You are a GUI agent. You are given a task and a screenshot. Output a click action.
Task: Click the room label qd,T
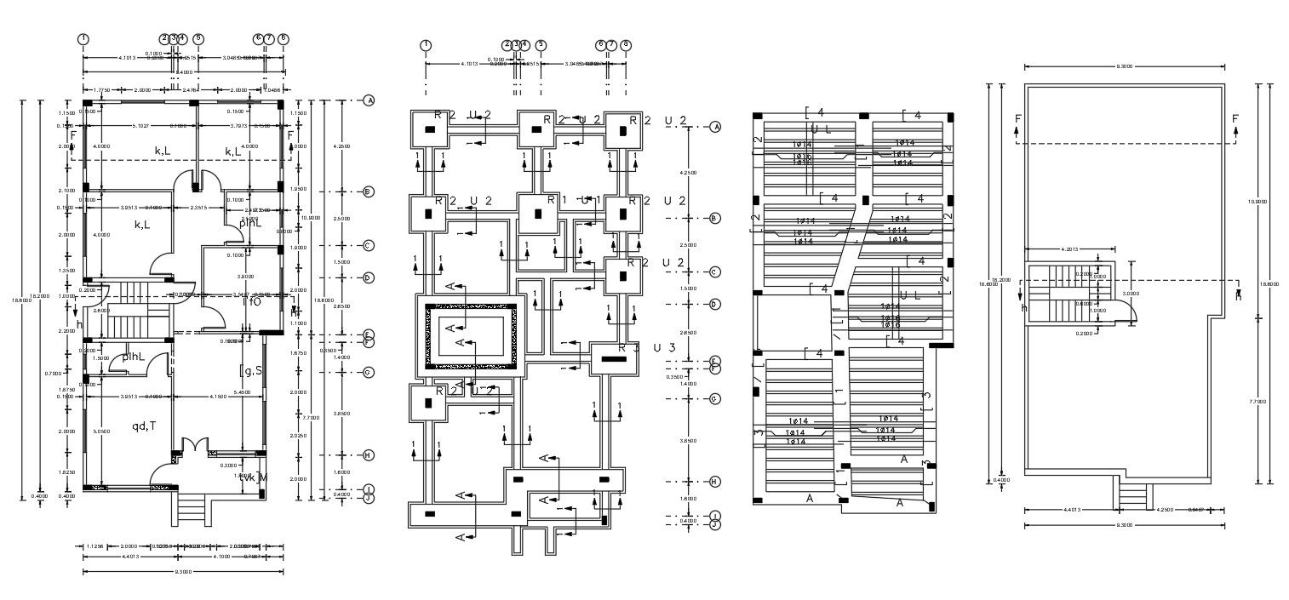142,426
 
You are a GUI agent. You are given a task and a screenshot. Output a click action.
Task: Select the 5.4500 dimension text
242,392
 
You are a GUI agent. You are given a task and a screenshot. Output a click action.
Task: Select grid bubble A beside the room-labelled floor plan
370,100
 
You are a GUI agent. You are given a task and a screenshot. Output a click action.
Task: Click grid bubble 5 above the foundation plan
541,45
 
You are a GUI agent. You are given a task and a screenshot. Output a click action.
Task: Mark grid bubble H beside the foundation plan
715,482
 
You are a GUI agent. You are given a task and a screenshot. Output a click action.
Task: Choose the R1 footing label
552,200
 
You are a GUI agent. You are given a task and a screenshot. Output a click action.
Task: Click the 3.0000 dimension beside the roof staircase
1129,293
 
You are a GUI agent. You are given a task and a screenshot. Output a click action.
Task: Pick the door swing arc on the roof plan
1126,313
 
